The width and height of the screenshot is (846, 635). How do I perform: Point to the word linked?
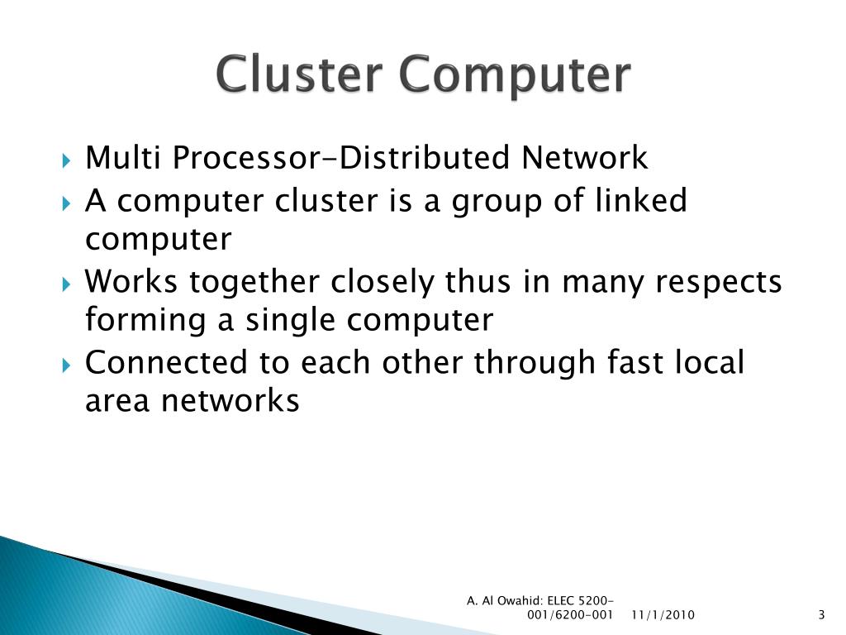(644, 200)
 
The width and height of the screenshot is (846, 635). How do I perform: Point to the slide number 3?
(821, 614)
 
